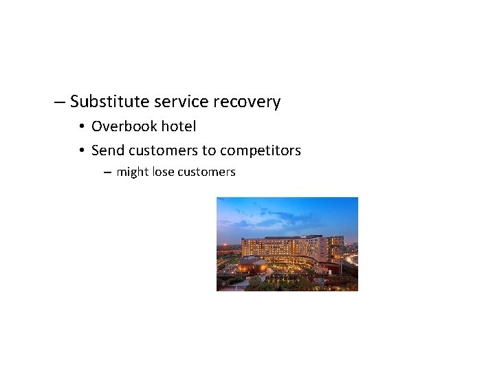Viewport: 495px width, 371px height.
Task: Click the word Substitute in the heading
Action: coord(110,102)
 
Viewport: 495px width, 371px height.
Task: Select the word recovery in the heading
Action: coord(247,102)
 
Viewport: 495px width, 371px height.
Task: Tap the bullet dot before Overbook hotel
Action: coord(81,127)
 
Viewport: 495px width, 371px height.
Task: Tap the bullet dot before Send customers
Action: coord(81,151)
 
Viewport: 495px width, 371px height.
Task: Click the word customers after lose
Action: coord(206,172)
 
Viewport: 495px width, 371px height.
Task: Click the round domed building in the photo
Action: coord(253,265)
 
